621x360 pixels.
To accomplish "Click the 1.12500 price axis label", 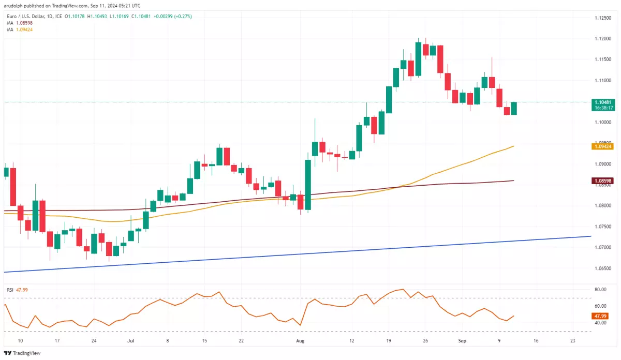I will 602,18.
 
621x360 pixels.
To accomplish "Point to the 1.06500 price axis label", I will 602,268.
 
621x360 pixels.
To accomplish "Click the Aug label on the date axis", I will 300,341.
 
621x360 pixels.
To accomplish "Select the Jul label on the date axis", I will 130,341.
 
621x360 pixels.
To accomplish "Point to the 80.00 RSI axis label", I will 600,290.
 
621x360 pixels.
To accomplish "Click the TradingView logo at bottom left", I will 22,353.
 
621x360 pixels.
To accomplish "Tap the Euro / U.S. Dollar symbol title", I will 26,16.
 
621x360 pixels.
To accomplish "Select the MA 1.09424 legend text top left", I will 18,29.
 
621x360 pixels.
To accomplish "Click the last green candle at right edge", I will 514,108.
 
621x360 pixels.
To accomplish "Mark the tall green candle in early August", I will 307,185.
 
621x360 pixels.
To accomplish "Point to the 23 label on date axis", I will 572,341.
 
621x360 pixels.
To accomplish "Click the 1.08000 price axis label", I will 602,206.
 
